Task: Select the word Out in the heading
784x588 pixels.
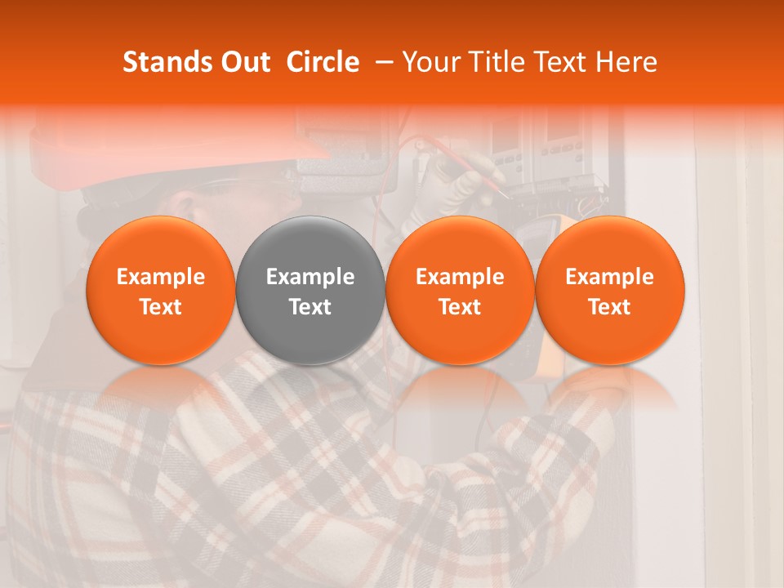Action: pos(243,62)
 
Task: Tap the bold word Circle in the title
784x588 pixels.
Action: pos(323,62)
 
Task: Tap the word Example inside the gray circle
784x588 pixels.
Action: pos(310,277)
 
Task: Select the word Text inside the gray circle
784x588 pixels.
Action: pos(310,307)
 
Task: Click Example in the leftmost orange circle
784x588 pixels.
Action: pos(161,277)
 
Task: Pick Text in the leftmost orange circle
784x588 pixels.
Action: pos(161,307)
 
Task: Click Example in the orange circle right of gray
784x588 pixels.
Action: pos(460,277)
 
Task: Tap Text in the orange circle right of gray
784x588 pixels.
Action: pos(460,307)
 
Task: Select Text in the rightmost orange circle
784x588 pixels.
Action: pos(610,307)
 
